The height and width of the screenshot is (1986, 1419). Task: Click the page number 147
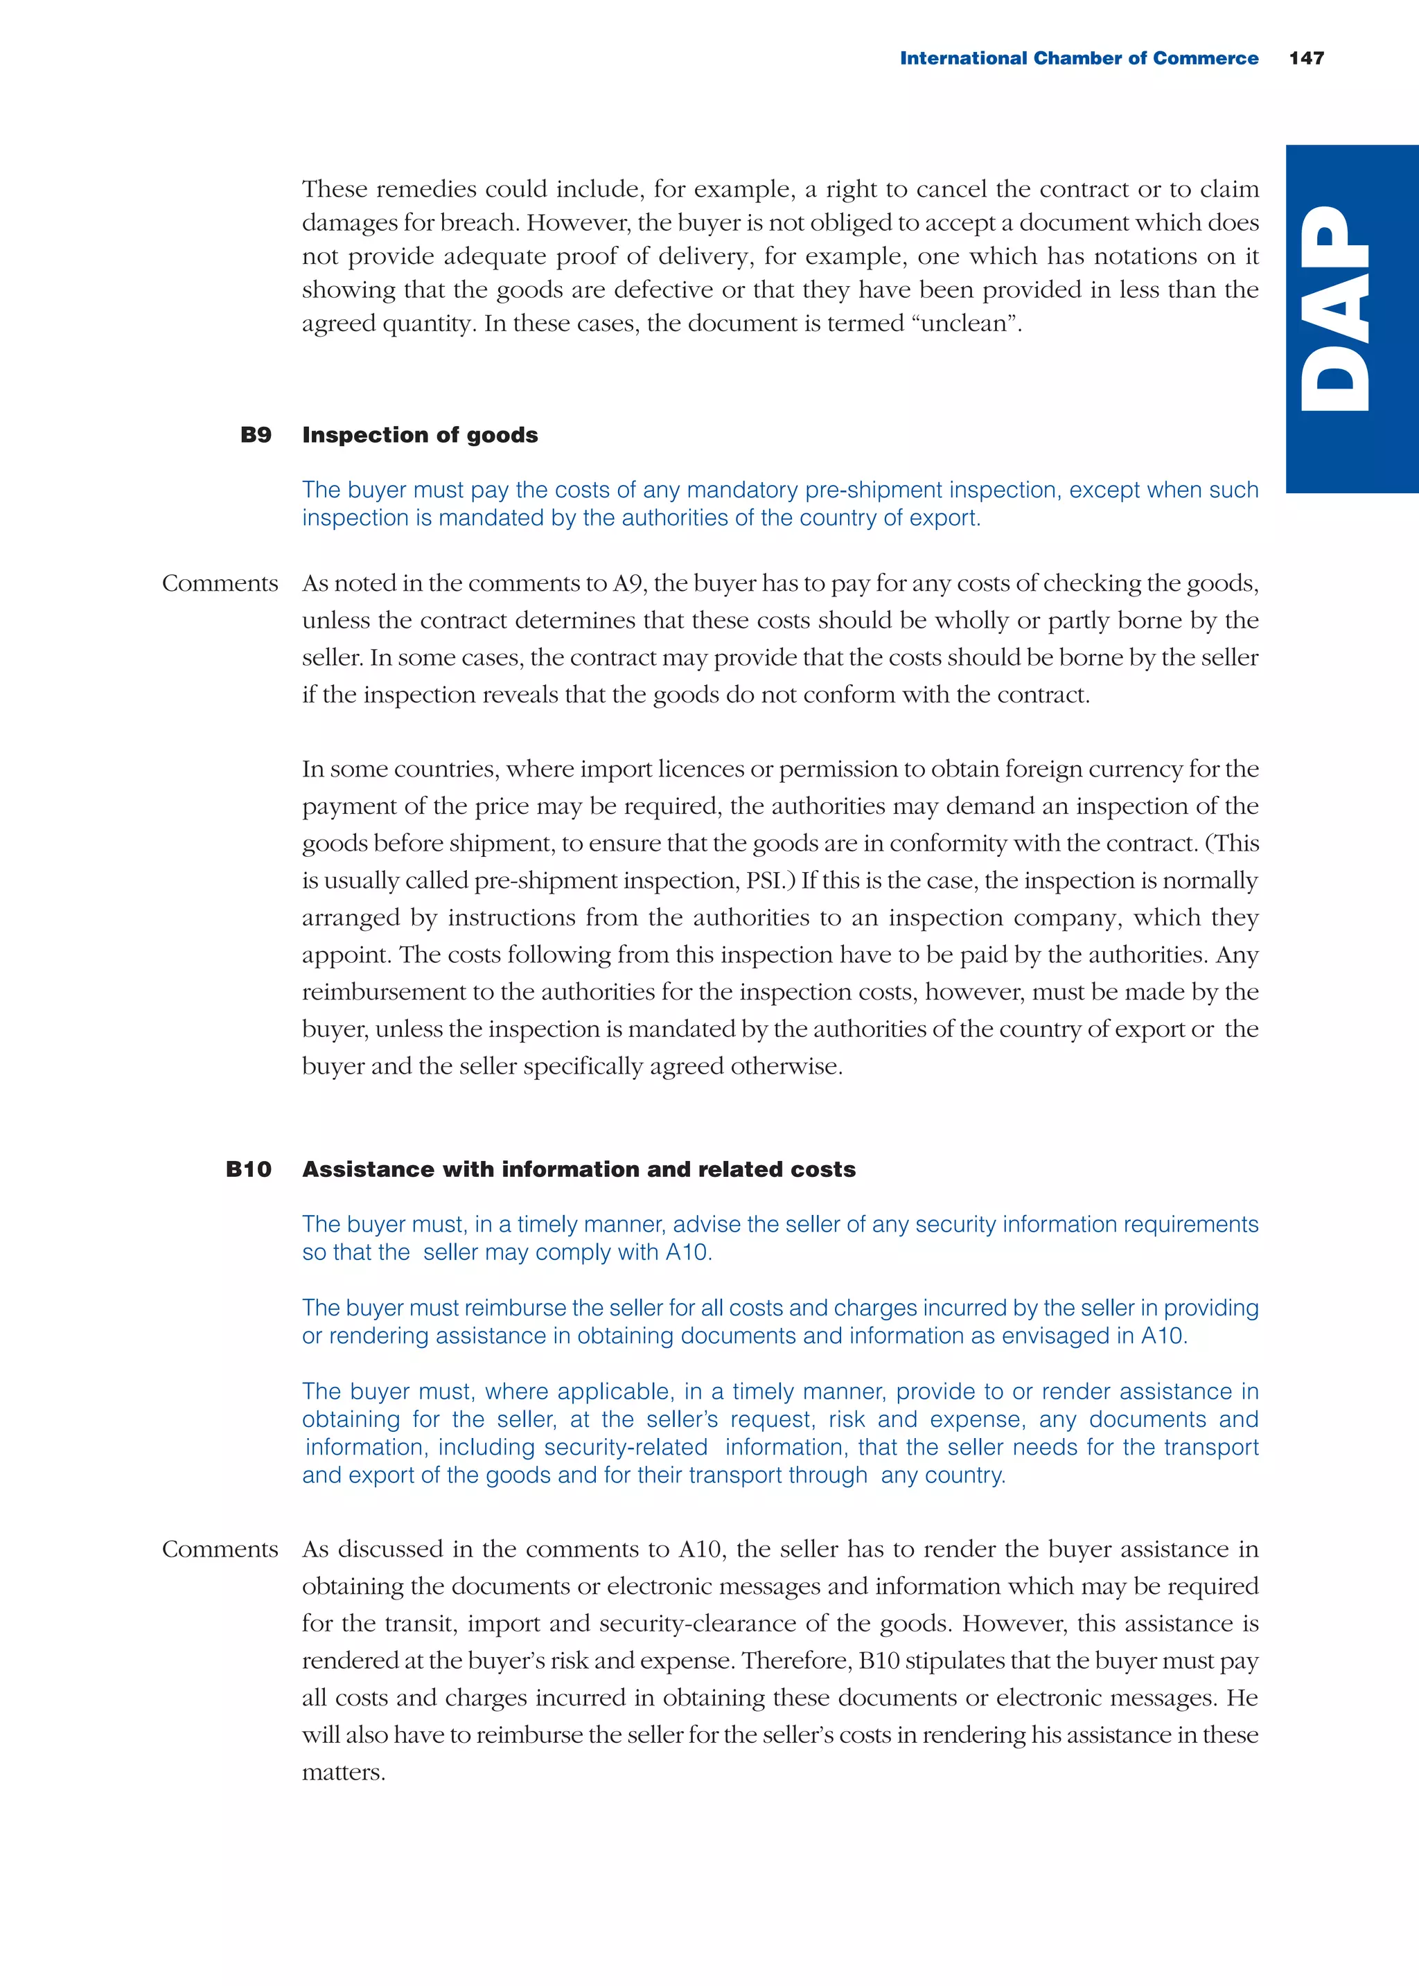click(1306, 58)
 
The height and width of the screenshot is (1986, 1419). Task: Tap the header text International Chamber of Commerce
click(1078, 58)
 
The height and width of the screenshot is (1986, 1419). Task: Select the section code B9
click(256, 435)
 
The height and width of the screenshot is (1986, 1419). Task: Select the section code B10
click(249, 1169)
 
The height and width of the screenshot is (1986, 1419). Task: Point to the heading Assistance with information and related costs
click(579, 1169)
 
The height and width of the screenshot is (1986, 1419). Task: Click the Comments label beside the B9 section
click(220, 583)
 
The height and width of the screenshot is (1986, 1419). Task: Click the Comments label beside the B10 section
click(220, 1550)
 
